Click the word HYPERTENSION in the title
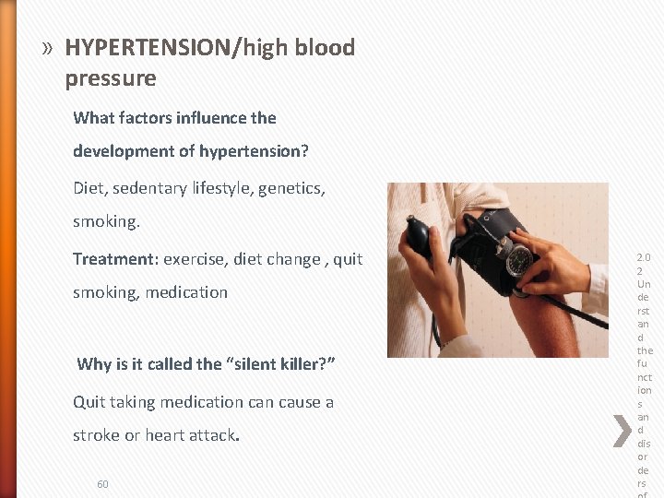148,47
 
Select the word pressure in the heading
111,79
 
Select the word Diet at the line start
89,188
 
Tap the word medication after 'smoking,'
185,292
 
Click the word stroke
96,434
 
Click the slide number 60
102,484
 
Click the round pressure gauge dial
519,260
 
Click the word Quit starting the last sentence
90,402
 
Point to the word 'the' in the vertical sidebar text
645,350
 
